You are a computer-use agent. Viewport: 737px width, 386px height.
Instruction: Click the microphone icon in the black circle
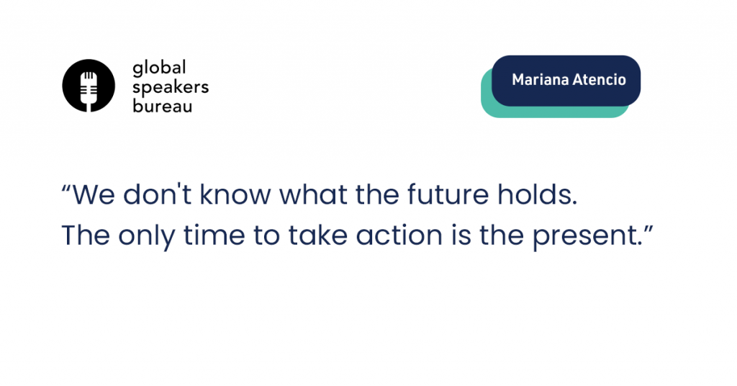point(89,89)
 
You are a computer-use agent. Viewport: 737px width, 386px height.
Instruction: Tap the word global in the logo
point(159,68)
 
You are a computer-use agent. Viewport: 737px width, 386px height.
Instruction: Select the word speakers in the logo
point(171,88)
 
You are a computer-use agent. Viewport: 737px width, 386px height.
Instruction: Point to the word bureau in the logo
point(163,105)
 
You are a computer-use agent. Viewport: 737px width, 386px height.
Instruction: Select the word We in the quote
point(94,194)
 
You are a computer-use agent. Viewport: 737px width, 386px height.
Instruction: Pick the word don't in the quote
point(157,194)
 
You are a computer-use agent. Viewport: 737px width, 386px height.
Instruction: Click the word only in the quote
point(146,236)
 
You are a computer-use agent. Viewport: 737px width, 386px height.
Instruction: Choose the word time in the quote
point(214,235)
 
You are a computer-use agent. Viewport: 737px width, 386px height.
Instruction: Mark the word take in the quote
point(317,235)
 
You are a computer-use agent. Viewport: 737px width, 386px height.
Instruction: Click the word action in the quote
point(399,235)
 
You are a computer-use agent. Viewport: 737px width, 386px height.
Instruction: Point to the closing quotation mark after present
point(648,230)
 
